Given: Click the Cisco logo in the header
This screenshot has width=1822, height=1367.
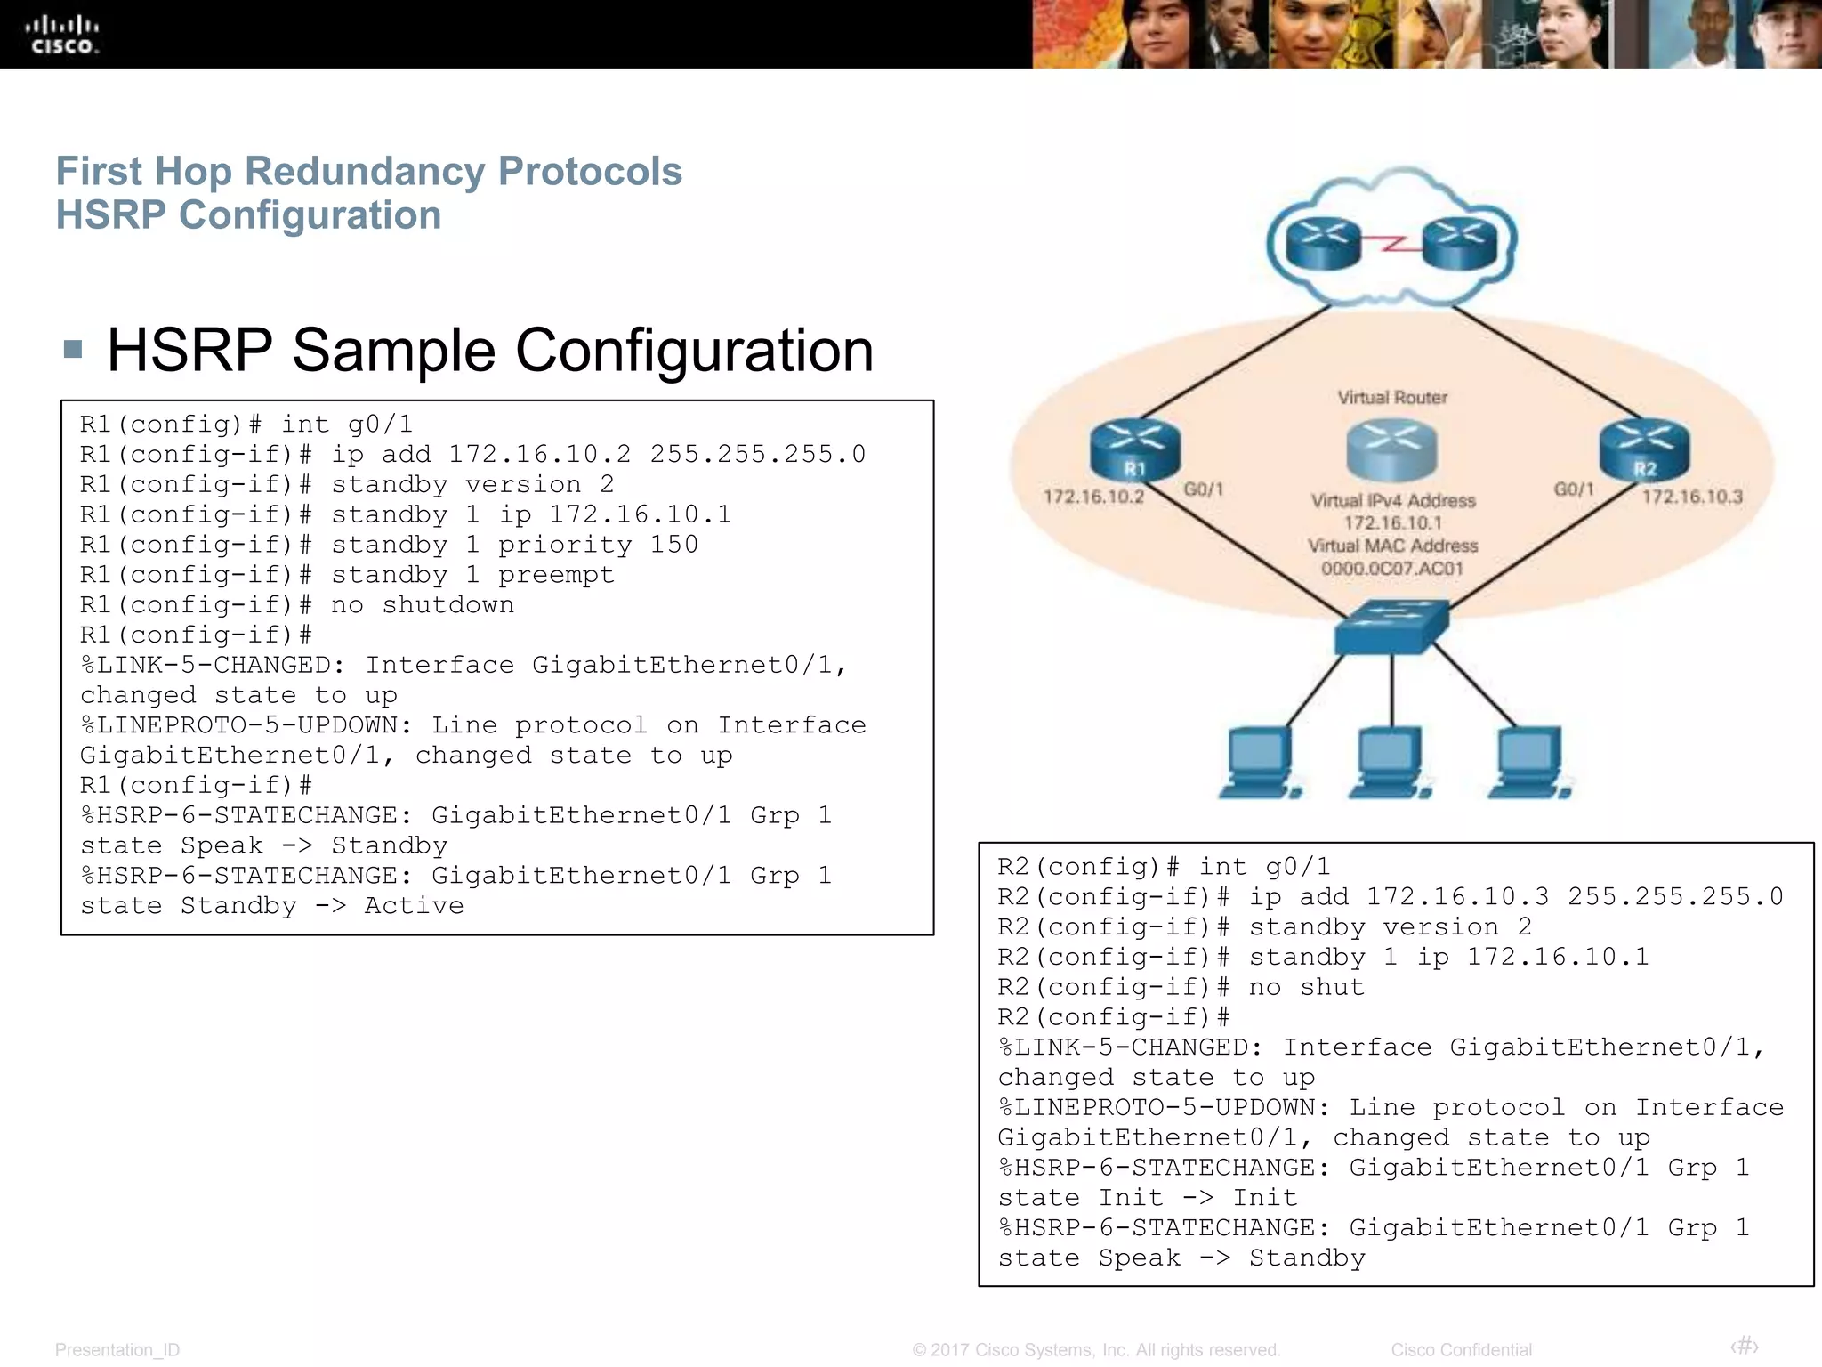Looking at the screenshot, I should pos(62,36).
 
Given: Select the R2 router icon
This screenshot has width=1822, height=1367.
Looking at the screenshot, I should pos(1643,449).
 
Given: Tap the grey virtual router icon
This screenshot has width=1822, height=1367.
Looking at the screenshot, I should pos(1391,449).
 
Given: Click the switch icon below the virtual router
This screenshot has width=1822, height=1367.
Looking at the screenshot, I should pos(1391,626).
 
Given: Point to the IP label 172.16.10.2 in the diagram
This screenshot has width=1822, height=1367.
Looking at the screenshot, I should pos(1093,497).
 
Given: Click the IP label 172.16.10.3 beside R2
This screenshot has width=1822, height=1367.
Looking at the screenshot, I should pos(1692,497).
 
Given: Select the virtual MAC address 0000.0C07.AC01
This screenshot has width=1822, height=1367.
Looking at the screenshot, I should pos(1392,569).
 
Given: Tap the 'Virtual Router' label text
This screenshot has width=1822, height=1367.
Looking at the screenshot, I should pos(1392,397).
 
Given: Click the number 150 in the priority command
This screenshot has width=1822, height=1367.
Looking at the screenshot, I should pos(673,545).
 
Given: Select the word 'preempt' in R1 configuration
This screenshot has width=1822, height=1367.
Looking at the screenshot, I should pos(556,575).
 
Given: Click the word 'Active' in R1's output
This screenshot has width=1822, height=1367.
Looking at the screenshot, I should pos(414,906).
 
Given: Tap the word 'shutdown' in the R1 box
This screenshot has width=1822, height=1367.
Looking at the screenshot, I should pos(447,605).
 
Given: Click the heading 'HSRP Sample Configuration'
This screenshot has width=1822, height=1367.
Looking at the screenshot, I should pos(490,350).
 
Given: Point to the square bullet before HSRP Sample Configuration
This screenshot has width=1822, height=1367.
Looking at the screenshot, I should pos(74,349).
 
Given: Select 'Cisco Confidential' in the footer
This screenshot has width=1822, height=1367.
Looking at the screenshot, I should pos(1461,1350).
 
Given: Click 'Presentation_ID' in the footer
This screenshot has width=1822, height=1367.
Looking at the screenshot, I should pos(117,1350).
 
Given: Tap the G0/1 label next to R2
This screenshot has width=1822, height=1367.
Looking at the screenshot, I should pos(1573,489).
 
